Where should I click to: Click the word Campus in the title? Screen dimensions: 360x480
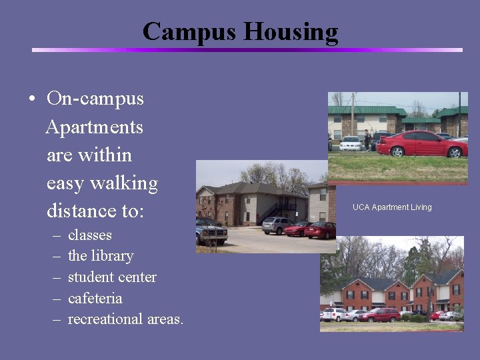point(189,31)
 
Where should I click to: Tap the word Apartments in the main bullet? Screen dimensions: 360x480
point(94,127)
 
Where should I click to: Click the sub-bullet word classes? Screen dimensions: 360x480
point(90,235)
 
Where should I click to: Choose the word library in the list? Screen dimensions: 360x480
point(111,256)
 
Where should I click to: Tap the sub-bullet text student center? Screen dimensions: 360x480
point(112,277)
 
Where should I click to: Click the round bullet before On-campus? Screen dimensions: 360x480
point(32,99)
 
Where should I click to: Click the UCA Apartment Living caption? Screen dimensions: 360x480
point(392,207)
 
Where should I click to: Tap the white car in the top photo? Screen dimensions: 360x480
point(351,143)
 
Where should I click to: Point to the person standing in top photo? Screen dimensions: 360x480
point(367,140)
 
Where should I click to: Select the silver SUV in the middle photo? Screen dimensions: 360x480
point(277,225)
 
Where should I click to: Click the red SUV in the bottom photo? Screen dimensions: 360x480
point(380,315)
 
